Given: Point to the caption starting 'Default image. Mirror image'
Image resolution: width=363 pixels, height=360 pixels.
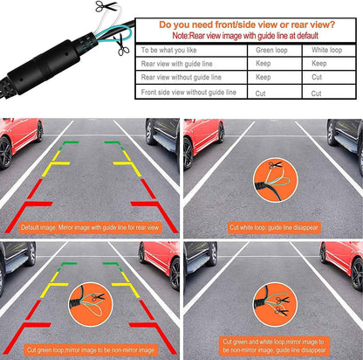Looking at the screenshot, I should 90,227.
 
